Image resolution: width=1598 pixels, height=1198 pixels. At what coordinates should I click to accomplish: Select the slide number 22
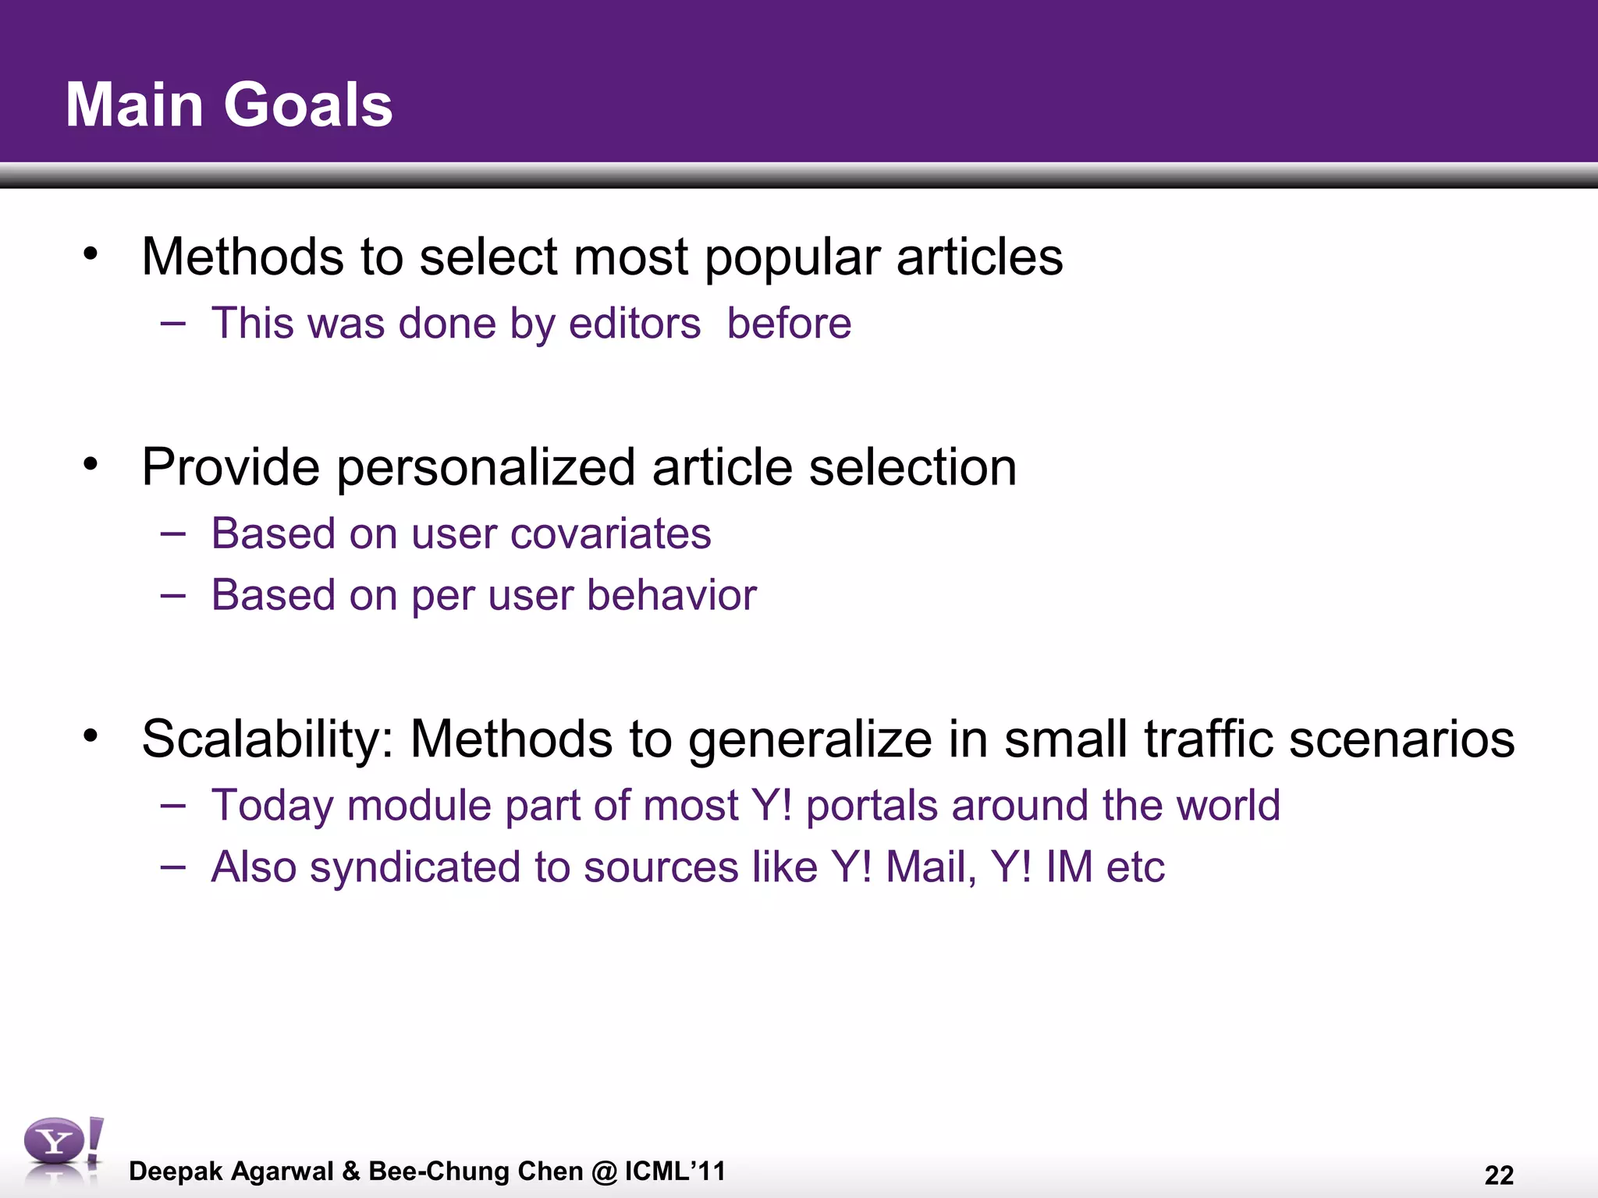tap(1499, 1175)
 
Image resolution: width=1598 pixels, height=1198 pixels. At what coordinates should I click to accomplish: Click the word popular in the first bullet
tap(792, 257)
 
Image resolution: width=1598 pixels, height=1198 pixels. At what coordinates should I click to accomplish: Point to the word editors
tap(634, 324)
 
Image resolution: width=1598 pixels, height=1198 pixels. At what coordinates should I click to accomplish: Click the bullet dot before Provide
tap(91, 464)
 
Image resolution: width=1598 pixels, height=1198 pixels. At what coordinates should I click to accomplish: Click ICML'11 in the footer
tap(675, 1171)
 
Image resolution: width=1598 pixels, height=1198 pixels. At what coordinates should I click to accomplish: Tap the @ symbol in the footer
tap(604, 1171)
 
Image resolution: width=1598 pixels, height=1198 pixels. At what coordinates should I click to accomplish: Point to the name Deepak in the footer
tap(176, 1171)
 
